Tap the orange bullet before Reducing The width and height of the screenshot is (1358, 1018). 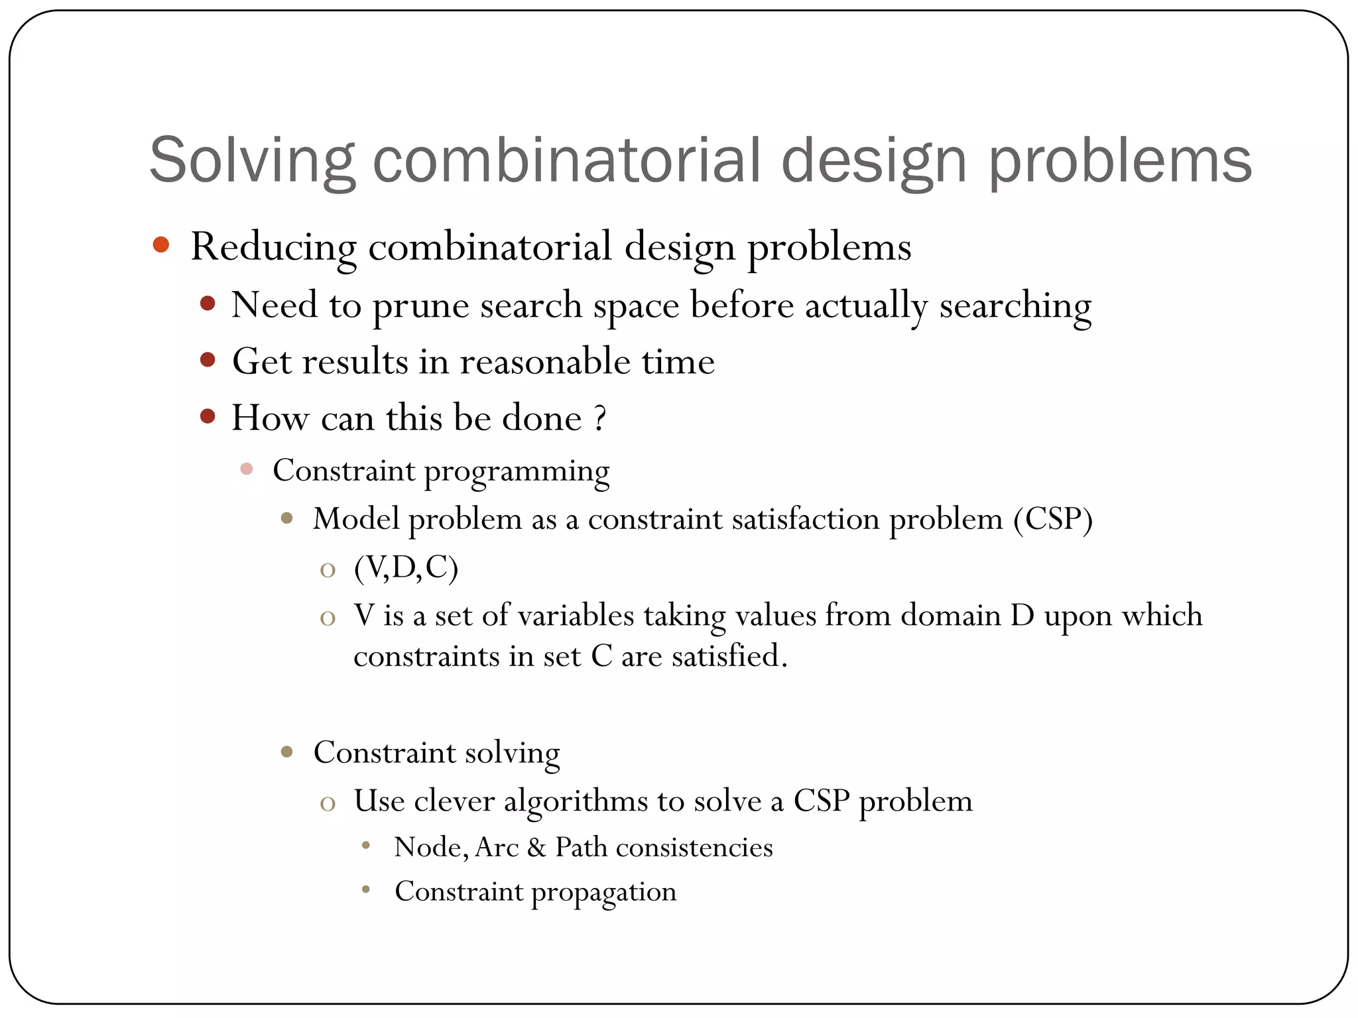pyautogui.click(x=161, y=245)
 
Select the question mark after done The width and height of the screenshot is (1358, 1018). pyautogui.click(x=599, y=419)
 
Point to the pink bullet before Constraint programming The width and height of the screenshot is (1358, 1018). pyautogui.click(x=247, y=469)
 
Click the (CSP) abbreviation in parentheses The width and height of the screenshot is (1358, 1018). pyautogui.click(x=1052, y=519)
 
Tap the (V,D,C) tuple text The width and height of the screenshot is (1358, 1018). pyautogui.click(x=406, y=568)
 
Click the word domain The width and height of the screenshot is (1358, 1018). pyautogui.click(x=950, y=616)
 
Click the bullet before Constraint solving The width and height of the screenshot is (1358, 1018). pyautogui.click(x=287, y=752)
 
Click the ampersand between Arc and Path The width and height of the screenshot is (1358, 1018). pyautogui.click(x=536, y=848)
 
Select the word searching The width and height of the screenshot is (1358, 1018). pyautogui.click(x=1015, y=306)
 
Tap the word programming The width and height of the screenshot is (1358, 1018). pyautogui.click(x=517, y=472)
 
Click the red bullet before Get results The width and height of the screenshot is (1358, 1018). pyautogui.click(x=208, y=360)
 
